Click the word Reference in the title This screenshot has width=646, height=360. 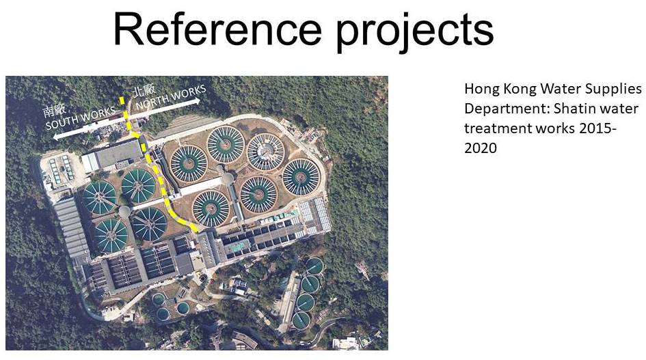coord(217,29)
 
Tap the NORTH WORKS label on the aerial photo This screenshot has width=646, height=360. coord(171,97)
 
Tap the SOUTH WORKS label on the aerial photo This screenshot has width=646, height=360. coord(81,117)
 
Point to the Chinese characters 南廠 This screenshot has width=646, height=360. coord(55,111)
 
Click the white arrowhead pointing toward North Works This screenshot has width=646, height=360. coord(196,100)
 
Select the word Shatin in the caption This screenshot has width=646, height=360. coord(572,109)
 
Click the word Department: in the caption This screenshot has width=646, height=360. coord(507,109)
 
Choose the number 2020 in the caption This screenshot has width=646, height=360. coord(481,148)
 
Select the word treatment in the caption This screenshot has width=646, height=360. coord(492,128)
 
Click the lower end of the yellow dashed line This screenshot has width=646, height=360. coord(196,230)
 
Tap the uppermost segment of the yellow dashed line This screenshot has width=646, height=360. coord(122,101)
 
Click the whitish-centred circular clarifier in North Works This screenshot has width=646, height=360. coord(265,152)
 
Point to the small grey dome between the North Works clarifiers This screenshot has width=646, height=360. coord(228,178)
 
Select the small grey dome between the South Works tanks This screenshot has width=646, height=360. coord(124,212)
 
